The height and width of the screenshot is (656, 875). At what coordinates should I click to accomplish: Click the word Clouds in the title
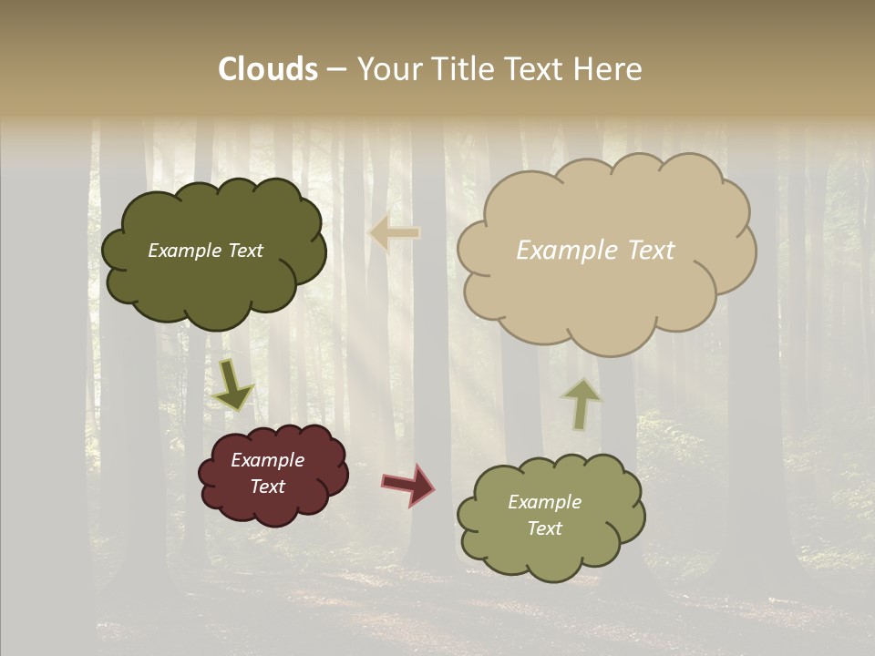(268, 69)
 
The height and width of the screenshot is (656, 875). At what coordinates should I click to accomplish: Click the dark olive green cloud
(214, 282)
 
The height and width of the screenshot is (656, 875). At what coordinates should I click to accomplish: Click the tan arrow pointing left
(394, 233)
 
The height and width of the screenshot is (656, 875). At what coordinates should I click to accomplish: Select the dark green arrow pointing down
(232, 384)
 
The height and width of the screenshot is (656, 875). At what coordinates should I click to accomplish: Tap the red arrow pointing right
(407, 484)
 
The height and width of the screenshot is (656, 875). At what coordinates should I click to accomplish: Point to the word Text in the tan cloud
(651, 251)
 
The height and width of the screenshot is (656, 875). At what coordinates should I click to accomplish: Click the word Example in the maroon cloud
(268, 460)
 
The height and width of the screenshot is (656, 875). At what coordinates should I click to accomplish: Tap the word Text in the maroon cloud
(268, 487)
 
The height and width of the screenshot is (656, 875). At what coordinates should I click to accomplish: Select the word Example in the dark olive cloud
(184, 251)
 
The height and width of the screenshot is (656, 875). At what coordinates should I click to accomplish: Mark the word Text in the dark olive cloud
(245, 251)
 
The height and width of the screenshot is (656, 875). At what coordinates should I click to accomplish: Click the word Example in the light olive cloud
(544, 502)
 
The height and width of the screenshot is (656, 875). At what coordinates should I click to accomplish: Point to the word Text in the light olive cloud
(544, 528)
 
